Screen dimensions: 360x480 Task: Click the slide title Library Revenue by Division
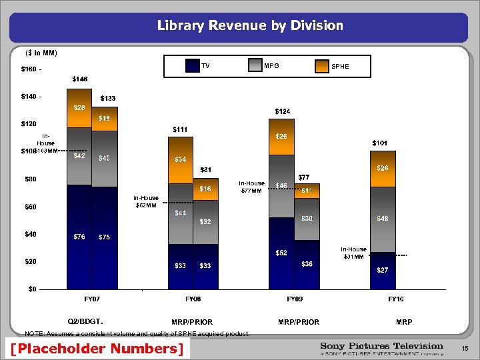click(x=250, y=26)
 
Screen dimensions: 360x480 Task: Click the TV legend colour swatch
click(x=193, y=65)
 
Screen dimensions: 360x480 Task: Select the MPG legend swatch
click(x=255, y=65)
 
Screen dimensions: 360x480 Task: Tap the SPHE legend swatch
click(x=322, y=65)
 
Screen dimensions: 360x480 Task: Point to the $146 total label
click(x=79, y=79)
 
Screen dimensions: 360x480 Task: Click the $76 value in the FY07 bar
click(x=79, y=237)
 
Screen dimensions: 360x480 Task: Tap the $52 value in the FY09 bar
click(x=282, y=253)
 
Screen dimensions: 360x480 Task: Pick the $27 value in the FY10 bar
click(x=383, y=270)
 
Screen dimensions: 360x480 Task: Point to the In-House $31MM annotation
click(x=354, y=253)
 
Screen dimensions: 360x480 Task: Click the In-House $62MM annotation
click(x=146, y=201)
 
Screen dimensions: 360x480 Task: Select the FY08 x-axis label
click(x=193, y=299)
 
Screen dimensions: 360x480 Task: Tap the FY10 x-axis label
click(x=396, y=299)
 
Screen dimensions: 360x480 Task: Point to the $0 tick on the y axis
click(x=31, y=289)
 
